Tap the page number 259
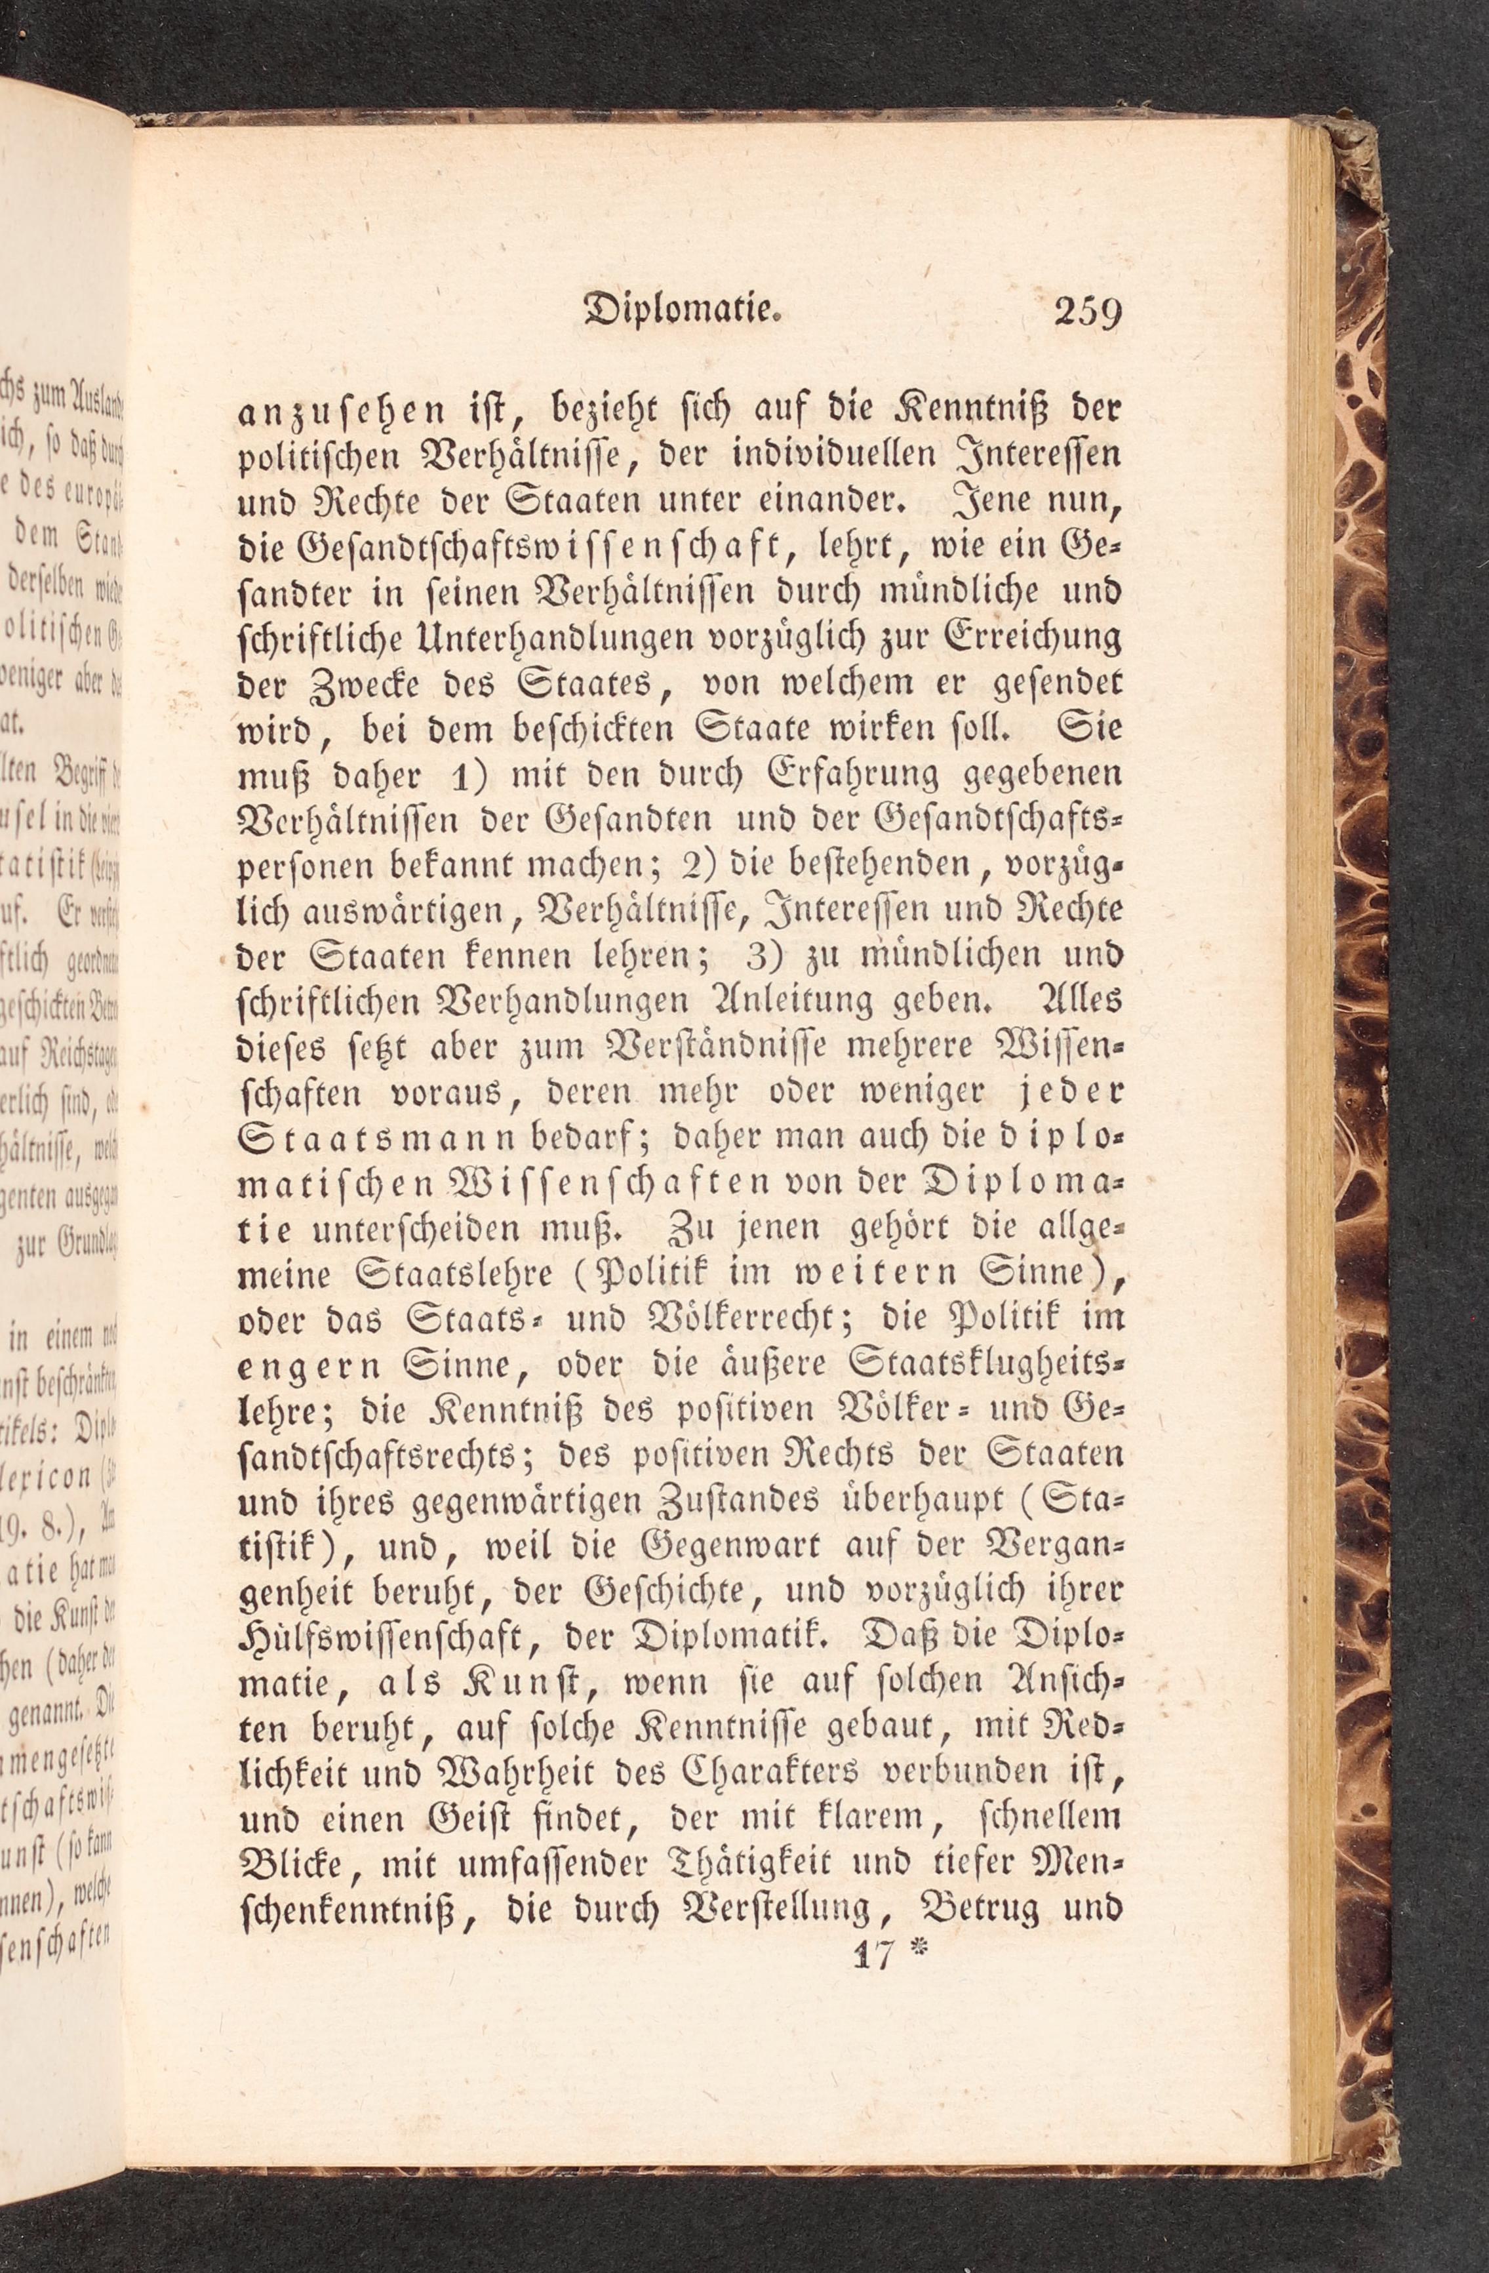point(1087,312)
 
